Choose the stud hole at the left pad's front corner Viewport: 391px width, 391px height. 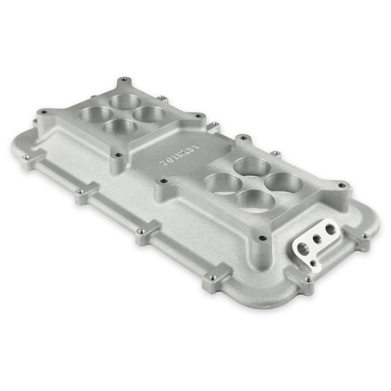tap(117, 155)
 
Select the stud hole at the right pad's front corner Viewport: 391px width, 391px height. tap(263, 238)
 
